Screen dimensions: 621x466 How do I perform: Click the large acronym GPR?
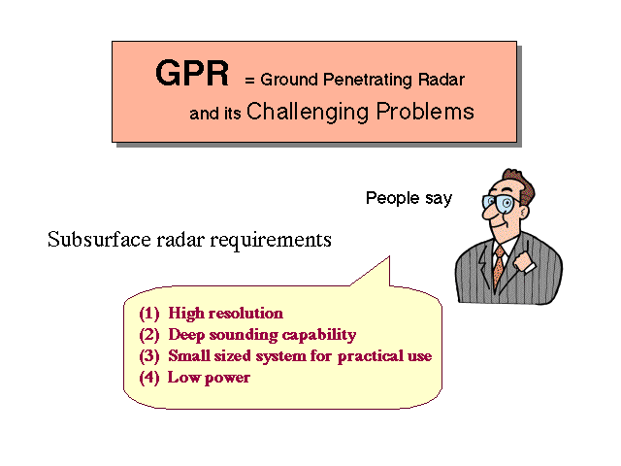[x=192, y=73]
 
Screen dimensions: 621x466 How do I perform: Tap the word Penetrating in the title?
[x=362, y=80]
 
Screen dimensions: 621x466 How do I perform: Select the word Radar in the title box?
[x=441, y=80]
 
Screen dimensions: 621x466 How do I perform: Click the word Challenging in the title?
[x=308, y=112]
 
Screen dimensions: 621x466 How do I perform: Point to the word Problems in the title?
[x=425, y=111]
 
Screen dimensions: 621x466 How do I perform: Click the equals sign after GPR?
[x=249, y=81]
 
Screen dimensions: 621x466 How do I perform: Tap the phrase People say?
[x=409, y=198]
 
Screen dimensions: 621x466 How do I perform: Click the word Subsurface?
[x=99, y=240]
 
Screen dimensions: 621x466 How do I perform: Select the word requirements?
[x=271, y=240]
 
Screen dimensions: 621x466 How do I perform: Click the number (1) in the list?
[x=148, y=313]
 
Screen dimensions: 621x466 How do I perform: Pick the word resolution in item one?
[x=245, y=313]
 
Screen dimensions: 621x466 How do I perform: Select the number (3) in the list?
[x=148, y=356]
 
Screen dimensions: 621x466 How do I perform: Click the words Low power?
[x=209, y=378]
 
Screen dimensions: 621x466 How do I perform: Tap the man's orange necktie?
[x=499, y=265]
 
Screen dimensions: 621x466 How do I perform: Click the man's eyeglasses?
[x=500, y=203]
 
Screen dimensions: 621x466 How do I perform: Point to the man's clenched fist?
[x=524, y=261]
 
